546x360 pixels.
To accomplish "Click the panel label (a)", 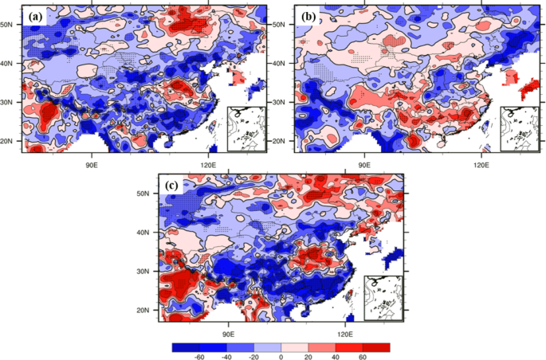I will coord(35,15).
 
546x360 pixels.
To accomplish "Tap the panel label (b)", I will coord(308,15).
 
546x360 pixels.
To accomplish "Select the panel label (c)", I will coord(171,186).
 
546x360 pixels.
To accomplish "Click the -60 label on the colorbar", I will coord(199,358).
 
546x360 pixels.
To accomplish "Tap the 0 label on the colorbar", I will coord(281,358).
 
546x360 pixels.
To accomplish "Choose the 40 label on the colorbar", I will coord(336,358).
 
